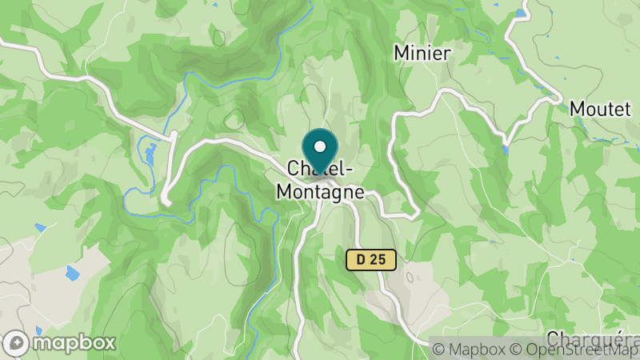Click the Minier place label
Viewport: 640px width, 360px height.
coord(423,54)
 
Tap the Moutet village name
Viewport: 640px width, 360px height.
coord(600,110)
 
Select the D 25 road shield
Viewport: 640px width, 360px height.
coord(371,259)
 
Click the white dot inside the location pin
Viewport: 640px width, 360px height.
coord(320,147)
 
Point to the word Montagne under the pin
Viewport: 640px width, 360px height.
coord(320,193)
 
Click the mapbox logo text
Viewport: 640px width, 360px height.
coord(74,342)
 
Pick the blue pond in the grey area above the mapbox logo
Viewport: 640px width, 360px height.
coord(72,274)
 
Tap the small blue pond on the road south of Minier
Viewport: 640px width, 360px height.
coord(505,149)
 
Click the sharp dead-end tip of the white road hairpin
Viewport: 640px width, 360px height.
coord(164,201)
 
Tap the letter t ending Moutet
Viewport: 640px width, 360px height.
coord(627,110)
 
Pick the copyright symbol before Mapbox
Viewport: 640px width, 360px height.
coord(438,350)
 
